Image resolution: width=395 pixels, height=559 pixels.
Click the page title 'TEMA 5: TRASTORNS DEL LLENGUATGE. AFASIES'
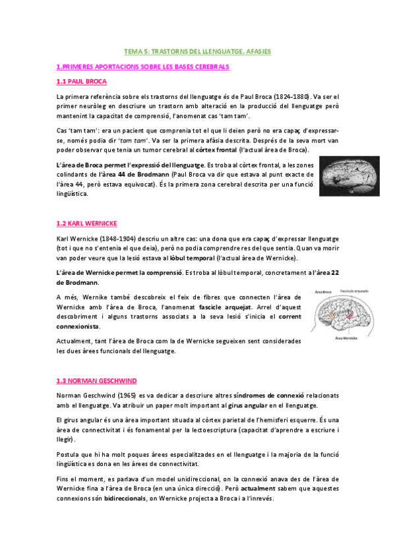[x=197, y=51]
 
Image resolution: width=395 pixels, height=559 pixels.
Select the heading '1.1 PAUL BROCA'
[x=82, y=82]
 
